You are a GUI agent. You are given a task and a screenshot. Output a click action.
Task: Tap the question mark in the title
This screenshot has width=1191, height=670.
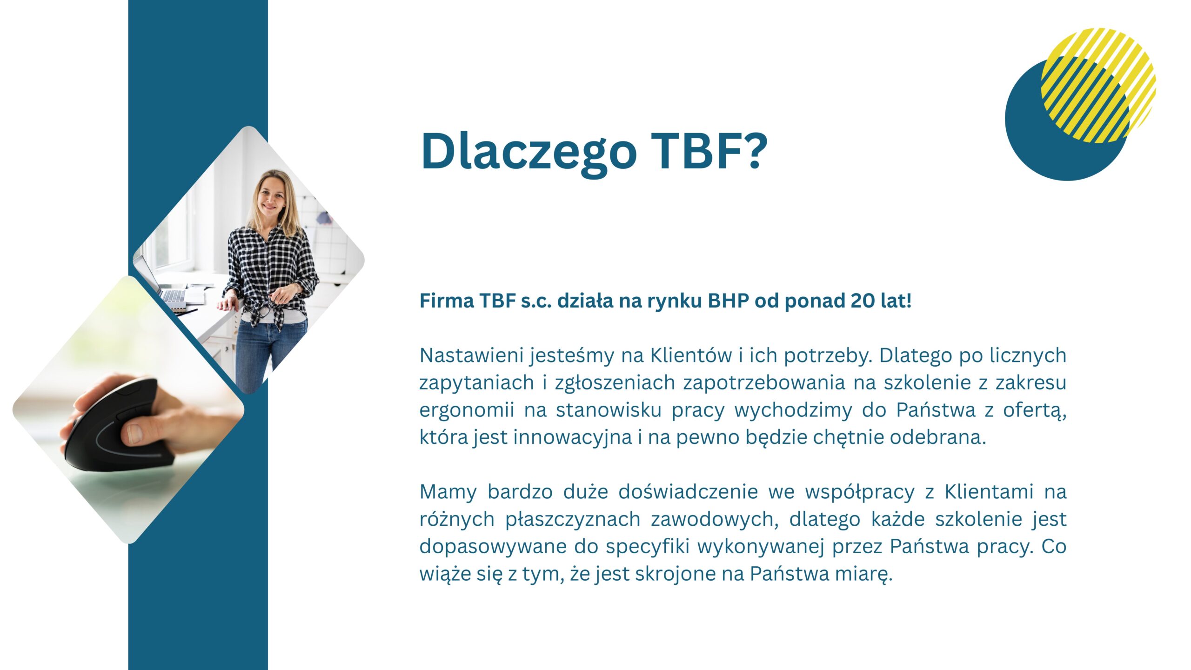tap(752, 150)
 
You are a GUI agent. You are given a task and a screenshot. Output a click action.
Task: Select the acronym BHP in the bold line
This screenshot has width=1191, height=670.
tap(729, 301)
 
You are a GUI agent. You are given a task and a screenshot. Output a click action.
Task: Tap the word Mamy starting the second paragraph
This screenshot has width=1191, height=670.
tap(448, 492)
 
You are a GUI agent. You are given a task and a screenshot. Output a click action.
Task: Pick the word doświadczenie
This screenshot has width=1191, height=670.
tap(688, 492)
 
